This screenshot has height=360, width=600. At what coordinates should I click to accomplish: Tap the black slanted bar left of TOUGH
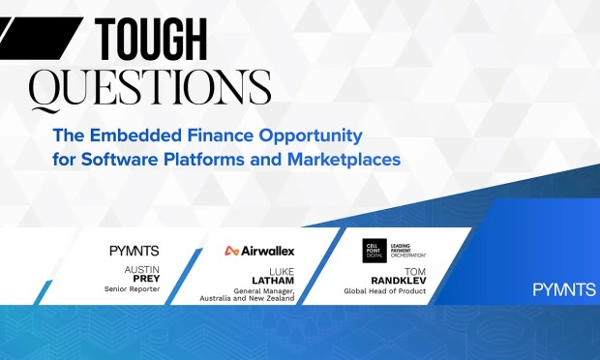(x=38, y=38)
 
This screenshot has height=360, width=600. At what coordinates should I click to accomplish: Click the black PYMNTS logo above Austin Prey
(x=134, y=251)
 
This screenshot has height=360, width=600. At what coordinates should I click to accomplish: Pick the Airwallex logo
(x=259, y=251)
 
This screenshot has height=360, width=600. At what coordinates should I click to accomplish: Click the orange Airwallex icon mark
(x=231, y=251)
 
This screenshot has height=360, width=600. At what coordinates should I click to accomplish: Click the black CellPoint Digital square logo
(x=375, y=250)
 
